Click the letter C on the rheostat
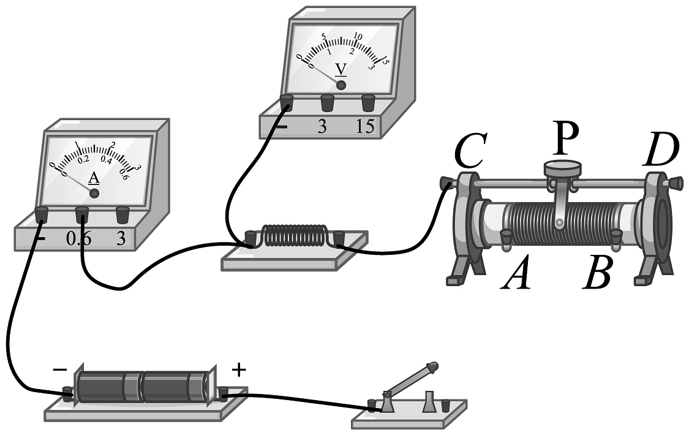tap(471, 152)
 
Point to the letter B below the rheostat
tap(597, 276)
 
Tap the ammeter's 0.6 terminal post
tap(82, 214)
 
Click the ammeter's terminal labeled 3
tap(123, 214)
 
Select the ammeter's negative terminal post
tap(41, 214)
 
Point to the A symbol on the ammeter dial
tap(94, 178)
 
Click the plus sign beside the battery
tap(239, 369)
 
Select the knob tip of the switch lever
tap(433, 368)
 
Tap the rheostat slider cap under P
tap(562, 166)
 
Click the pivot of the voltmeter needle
tap(341, 85)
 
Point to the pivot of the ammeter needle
tap(94, 192)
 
